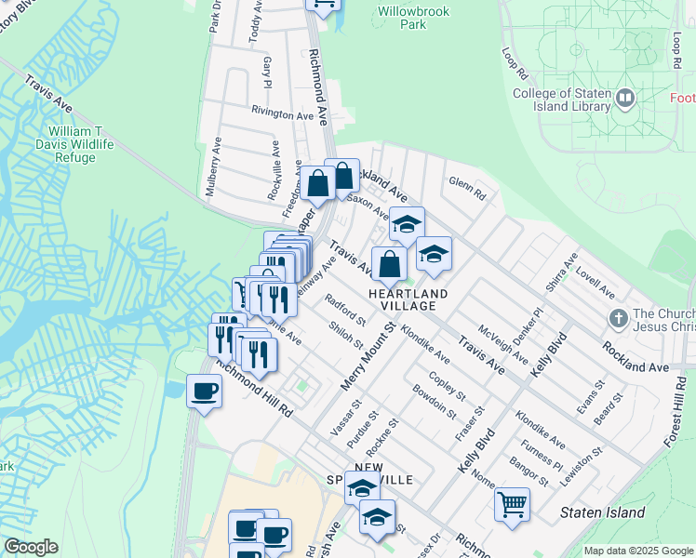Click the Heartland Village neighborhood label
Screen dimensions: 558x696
point(408,299)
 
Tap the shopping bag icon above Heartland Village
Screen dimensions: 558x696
point(388,263)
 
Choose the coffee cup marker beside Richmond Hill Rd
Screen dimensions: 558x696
point(204,390)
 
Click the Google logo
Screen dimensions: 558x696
point(31,547)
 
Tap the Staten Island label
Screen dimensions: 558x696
point(603,512)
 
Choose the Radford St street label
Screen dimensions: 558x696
point(345,310)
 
